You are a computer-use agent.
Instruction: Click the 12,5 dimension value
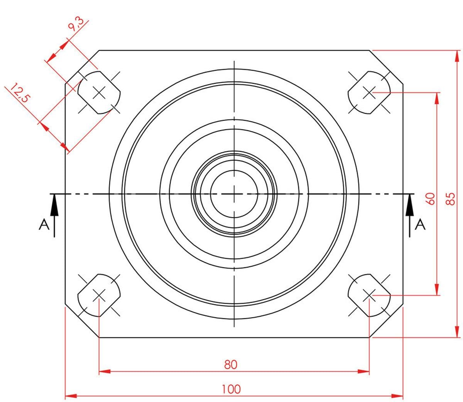point(20,93)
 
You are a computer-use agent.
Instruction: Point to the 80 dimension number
point(231,365)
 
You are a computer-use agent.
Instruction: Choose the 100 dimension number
point(231,389)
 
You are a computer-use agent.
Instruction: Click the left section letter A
point(44,225)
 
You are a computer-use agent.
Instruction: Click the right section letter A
point(420,225)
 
